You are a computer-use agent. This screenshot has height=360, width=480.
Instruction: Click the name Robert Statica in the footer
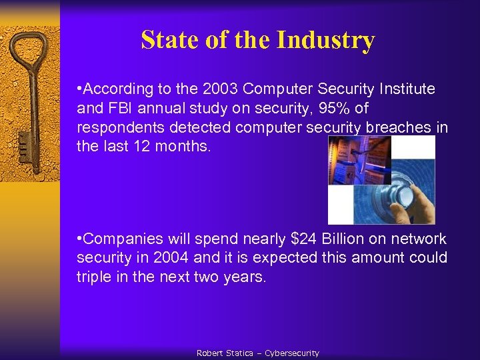[x=225, y=353]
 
